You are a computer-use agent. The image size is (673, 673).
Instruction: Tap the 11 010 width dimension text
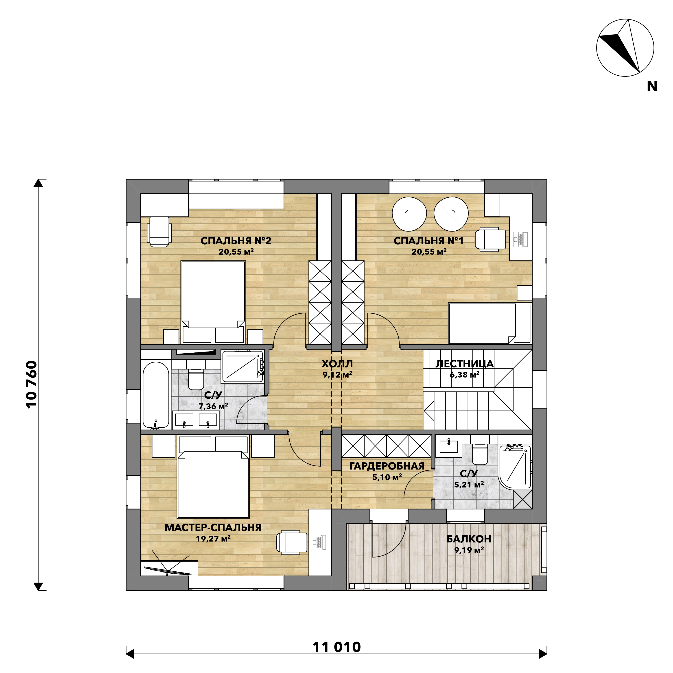tap(336, 647)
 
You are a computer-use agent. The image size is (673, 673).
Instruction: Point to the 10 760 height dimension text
tap(32, 384)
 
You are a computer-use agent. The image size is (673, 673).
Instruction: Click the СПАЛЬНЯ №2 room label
tap(236, 241)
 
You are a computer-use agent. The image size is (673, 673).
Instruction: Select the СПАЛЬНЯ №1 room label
tap(428, 241)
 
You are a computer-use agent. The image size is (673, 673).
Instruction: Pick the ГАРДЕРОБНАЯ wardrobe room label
tap(387, 466)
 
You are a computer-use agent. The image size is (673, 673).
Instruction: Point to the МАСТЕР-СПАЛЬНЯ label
tap(213, 527)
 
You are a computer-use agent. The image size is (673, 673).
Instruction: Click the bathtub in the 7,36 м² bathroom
tap(156, 395)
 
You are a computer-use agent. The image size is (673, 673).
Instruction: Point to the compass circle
tap(625, 48)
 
